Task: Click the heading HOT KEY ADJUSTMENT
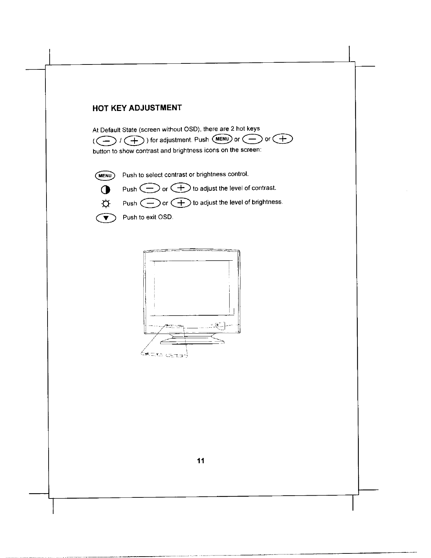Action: (x=137, y=107)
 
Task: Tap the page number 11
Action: (x=201, y=461)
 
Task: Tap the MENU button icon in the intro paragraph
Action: (x=222, y=139)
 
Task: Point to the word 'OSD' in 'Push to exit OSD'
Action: (x=165, y=217)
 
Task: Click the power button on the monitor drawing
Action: (x=218, y=324)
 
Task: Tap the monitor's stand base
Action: (x=192, y=341)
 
